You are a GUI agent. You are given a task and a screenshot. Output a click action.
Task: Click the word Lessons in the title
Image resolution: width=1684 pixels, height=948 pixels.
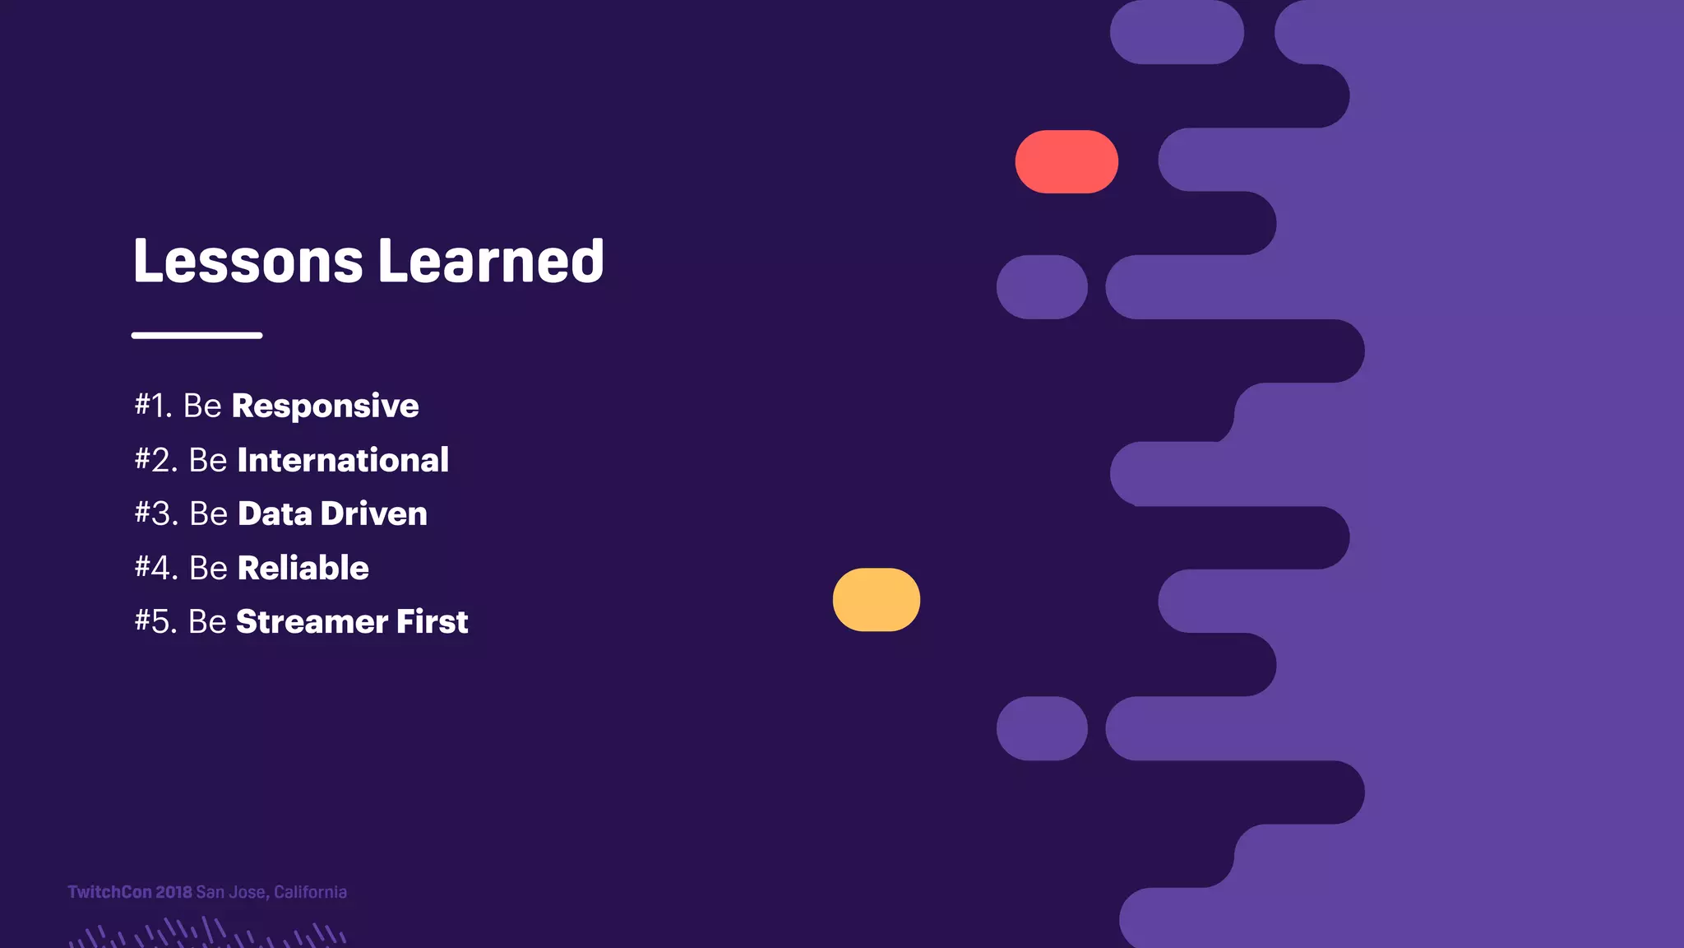(248, 262)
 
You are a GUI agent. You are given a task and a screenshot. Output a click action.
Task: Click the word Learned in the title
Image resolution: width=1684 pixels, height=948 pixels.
(491, 262)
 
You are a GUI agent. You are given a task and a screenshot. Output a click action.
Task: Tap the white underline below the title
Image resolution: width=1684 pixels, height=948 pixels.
(197, 335)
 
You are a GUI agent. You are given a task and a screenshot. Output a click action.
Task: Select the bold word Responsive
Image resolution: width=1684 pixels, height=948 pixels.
(325, 407)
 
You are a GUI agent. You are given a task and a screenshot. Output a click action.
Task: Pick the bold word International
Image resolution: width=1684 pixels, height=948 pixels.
(343, 460)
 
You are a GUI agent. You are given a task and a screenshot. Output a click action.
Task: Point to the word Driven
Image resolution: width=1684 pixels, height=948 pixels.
(373, 514)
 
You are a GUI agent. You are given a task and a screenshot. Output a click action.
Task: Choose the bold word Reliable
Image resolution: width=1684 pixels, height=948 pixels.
(303, 568)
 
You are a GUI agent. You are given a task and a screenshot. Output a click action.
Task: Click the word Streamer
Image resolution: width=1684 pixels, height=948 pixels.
(312, 622)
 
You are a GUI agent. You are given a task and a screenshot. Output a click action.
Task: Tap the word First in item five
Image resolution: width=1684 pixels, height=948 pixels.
(433, 622)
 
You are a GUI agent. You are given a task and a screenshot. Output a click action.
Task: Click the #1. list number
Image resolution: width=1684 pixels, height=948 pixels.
(154, 406)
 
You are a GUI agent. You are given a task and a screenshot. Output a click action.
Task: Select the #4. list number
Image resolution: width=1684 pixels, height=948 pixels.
(156, 568)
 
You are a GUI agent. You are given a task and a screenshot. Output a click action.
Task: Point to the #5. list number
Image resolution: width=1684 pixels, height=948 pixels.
(156, 622)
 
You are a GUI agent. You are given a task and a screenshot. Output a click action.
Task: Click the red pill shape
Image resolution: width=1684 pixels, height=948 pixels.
(1066, 162)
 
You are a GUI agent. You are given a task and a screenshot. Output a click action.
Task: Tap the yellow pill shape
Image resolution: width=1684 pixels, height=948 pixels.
(877, 600)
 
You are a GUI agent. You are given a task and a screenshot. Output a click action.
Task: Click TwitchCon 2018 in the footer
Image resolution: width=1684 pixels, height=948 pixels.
(130, 892)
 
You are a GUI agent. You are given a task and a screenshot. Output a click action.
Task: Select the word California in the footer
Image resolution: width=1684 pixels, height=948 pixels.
(310, 892)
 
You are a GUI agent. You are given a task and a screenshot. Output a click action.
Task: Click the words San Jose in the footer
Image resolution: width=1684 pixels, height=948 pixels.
(231, 892)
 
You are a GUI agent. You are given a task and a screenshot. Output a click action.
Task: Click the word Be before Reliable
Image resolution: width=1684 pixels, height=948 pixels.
(208, 568)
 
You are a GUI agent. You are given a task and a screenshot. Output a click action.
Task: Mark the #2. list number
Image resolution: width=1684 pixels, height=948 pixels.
(156, 460)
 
